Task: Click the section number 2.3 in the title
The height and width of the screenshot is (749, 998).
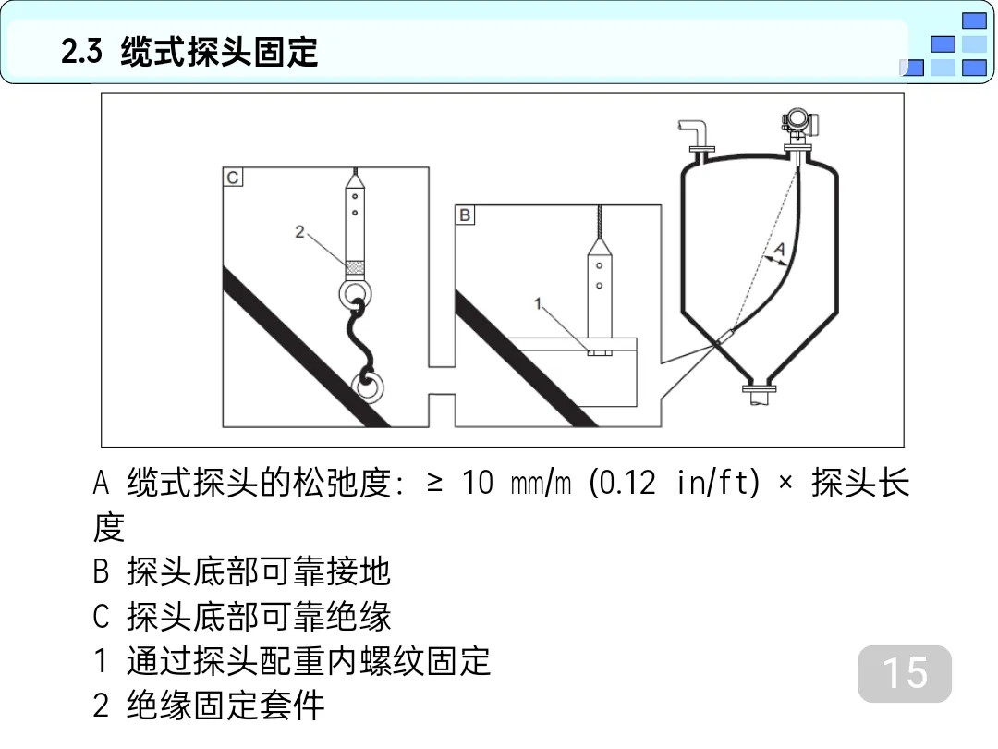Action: click(81, 51)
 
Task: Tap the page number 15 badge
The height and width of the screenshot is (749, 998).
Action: click(905, 673)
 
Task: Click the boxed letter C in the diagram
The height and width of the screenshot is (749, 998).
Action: click(232, 177)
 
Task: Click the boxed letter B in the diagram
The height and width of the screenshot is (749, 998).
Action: click(465, 215)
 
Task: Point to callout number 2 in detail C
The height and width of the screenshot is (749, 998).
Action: click(299, 232)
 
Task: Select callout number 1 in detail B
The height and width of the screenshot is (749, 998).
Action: click(538, 304)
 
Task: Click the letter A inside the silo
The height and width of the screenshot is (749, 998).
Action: click(779, 249)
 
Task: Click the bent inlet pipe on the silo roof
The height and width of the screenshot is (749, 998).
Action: click(696, 135)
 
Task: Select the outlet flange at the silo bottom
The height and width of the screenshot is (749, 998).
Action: click(760, 387)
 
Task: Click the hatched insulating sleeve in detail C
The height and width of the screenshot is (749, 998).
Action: click(355, 267)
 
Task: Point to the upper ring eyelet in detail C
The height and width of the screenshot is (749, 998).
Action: click(355, 293)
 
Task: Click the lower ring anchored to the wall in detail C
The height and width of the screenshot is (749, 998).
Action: click(367, 386)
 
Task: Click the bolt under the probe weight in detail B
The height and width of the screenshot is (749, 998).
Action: click(599, 352)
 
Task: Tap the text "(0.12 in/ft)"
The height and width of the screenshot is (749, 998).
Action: click(675, 482)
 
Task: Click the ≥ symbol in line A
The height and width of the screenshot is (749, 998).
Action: click(434, 482)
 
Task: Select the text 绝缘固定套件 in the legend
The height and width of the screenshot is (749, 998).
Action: click(225, 705)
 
